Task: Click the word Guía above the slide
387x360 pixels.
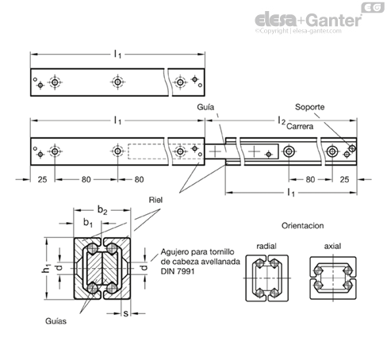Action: point(205,107)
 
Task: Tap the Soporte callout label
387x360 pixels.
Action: point(309,107)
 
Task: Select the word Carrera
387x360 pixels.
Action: point(300,126)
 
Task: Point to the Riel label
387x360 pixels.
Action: point(155,200)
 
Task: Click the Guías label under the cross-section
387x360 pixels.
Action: point(56,321)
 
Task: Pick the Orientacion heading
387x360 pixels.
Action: point(302,226)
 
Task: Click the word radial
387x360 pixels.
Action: point(266,246)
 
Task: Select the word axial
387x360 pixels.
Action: point(332,246)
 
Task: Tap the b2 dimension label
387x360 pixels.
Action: point(102,210)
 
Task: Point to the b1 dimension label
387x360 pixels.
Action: point(88,223)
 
